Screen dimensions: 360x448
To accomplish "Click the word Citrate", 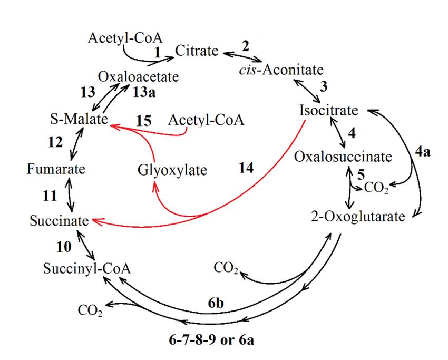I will [x=196, y=51].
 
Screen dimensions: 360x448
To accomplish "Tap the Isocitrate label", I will [x=328, y=111].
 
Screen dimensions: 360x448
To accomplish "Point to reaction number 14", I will [x=245, y=168].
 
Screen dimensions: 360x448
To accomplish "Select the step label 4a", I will [x=423, y=153].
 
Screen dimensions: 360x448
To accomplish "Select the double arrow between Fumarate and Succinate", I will [x=70, y=194].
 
